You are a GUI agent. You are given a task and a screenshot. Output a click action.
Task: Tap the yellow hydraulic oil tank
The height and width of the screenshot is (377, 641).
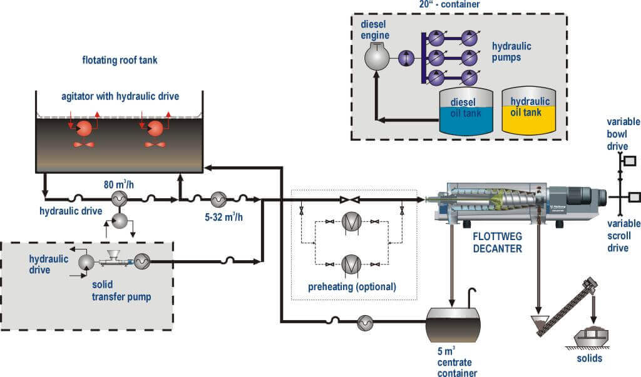pos(528,111)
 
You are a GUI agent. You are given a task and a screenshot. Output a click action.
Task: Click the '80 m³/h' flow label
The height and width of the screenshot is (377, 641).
pos(118,184)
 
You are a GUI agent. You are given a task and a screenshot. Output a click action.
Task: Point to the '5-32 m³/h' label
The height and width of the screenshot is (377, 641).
pos(223,217)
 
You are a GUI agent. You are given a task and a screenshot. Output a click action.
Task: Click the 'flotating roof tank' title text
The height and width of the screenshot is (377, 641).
pos(120,61)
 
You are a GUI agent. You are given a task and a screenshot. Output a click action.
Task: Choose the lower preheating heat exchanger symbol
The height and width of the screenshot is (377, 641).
pos(351,264)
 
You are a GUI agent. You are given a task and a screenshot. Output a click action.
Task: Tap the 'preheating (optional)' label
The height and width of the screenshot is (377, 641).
pos(352,287)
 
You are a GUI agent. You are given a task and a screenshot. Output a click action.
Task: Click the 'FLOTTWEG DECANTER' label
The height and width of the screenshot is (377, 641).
pos(498,242)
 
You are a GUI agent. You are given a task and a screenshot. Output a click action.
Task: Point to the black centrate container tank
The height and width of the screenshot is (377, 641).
pos(453,324)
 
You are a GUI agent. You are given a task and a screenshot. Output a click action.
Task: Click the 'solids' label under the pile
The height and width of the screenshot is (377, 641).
pos(590,358)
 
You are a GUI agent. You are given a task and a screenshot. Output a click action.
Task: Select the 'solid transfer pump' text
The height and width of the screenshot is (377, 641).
pos(121,291)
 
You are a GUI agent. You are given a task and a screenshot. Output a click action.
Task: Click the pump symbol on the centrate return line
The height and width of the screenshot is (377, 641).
pos(365,323)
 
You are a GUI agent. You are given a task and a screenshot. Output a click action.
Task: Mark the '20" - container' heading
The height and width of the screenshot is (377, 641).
pos(449,4)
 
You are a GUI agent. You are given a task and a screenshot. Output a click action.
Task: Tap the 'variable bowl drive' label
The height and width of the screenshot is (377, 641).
pos(623,134)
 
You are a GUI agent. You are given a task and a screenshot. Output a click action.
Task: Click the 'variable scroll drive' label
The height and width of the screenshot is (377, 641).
pos(623,236)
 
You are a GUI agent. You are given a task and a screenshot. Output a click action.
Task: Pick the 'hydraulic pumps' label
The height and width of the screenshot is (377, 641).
pos(511,51)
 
